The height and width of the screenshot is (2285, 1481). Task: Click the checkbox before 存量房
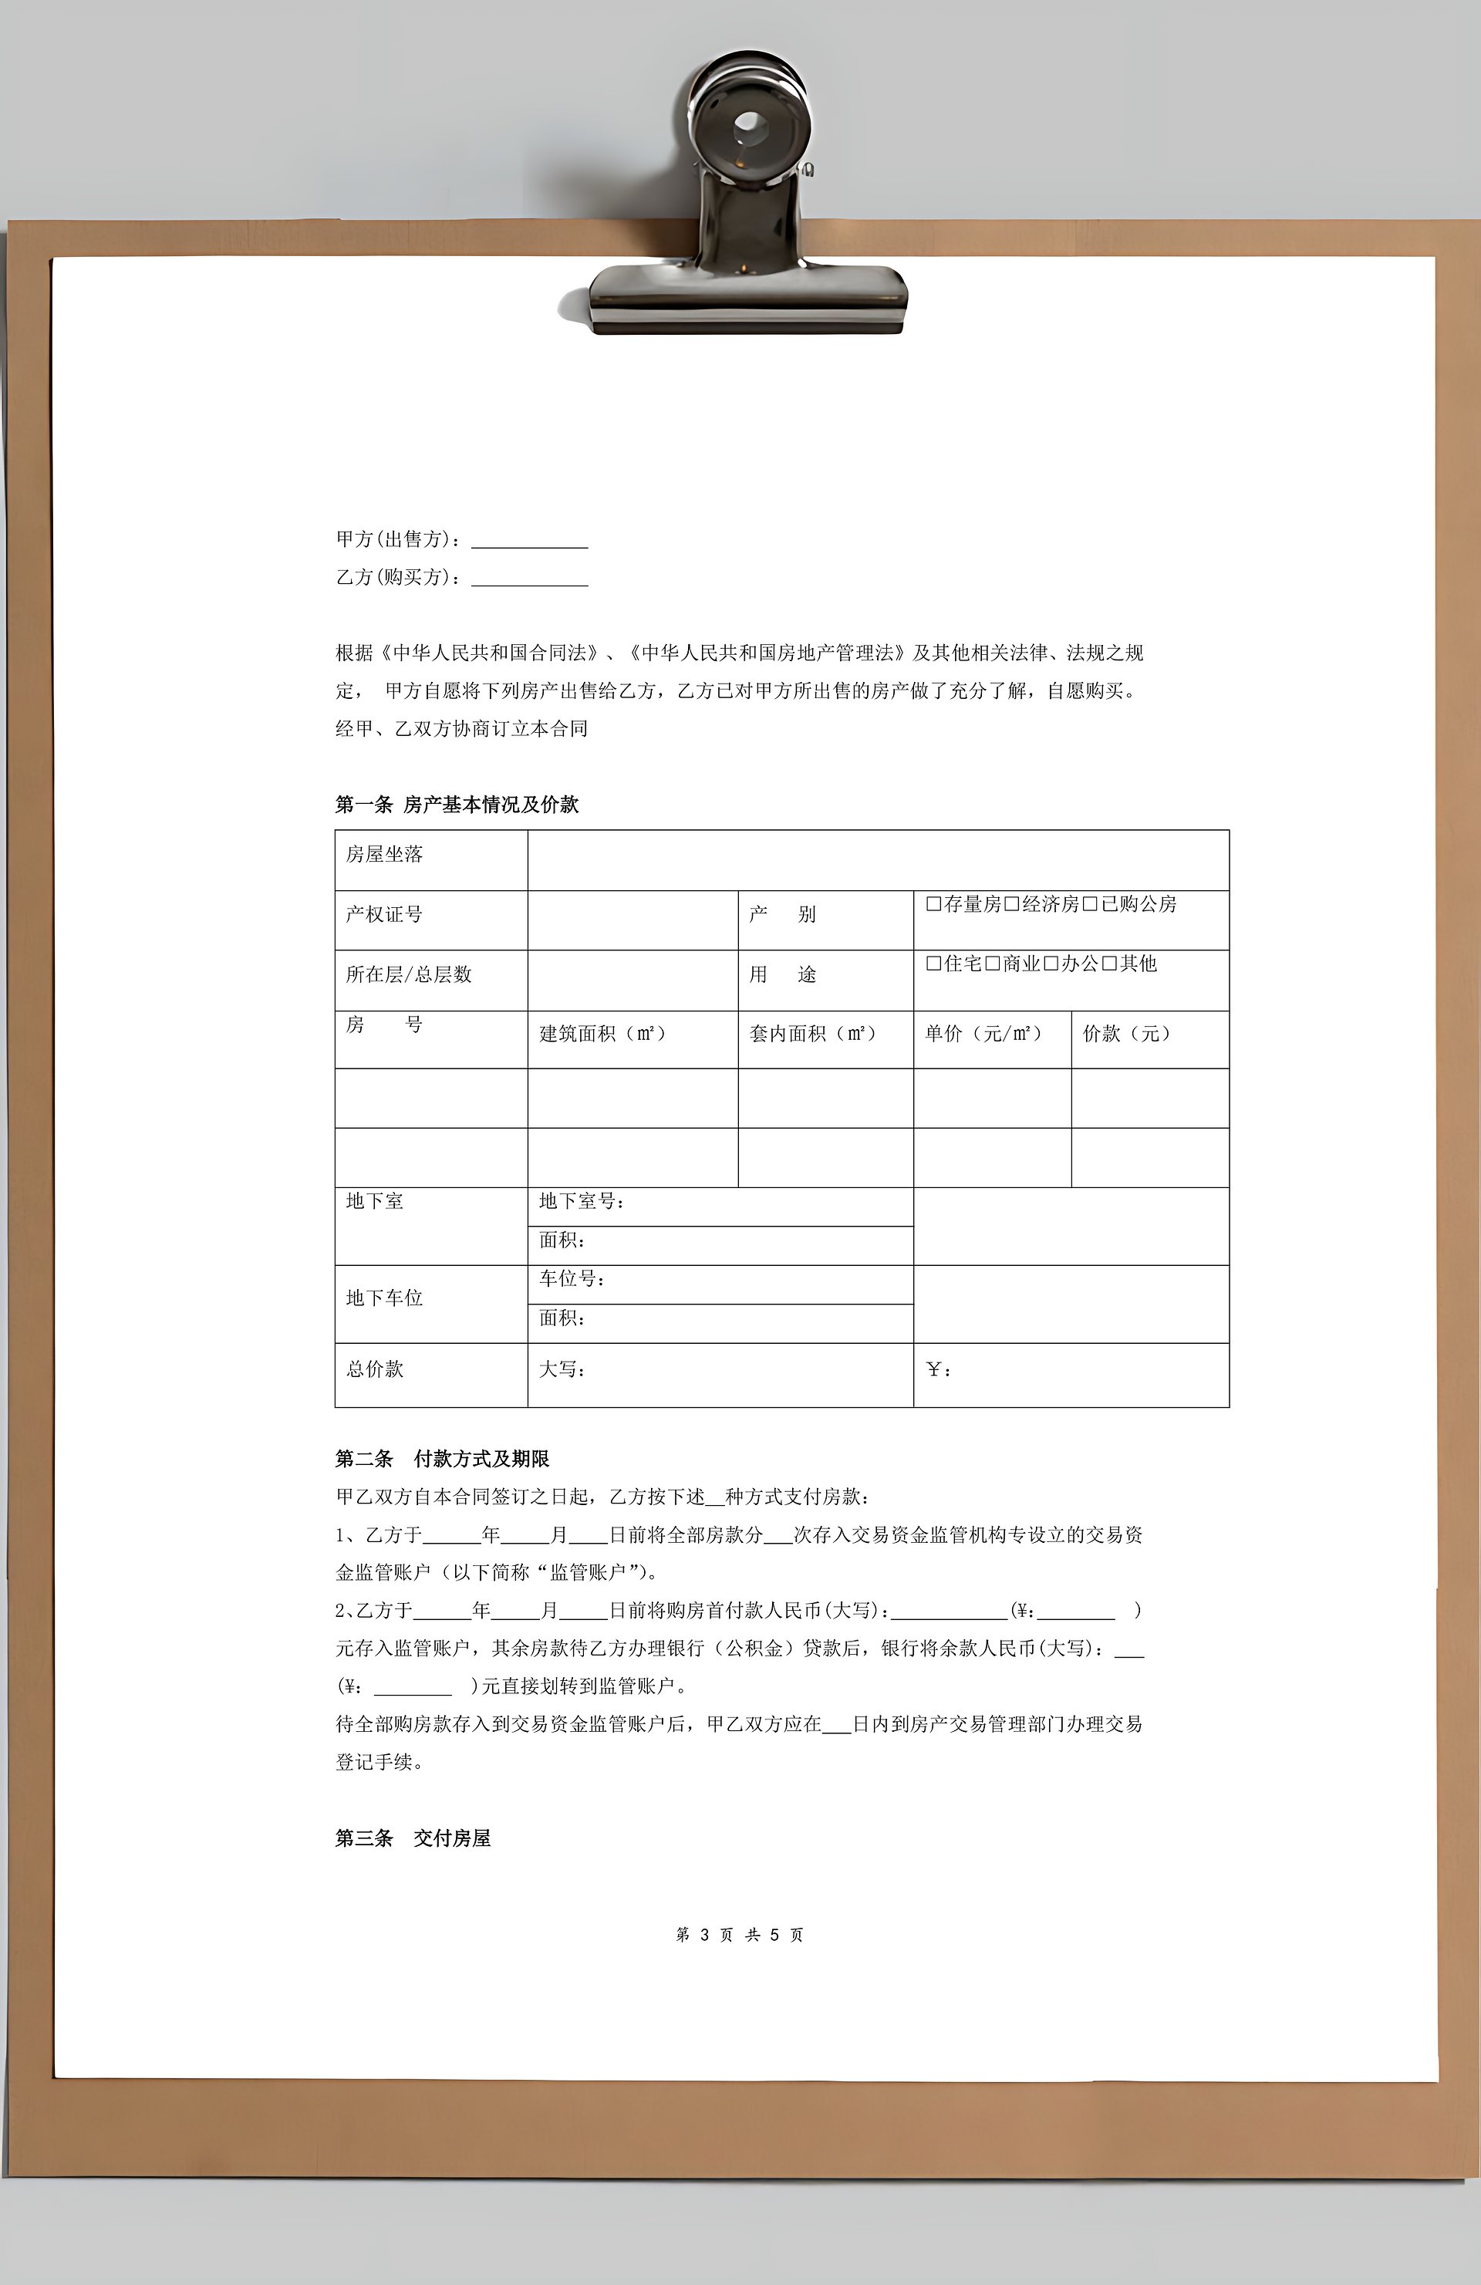[x=933, y=903]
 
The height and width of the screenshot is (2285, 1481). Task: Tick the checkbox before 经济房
[x=1010, y=903]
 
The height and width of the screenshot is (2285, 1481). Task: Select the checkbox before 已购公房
[x=1089, y=903]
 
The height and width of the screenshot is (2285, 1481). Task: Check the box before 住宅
[x=933, y=963]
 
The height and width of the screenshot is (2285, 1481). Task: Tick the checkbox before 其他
[x=1109, y=963]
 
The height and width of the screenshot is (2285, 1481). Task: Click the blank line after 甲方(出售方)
[x=529, y=541]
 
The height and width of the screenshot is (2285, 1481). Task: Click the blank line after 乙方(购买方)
[x=529, y=578]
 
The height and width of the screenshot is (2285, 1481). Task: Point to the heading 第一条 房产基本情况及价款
[x=457, y=805]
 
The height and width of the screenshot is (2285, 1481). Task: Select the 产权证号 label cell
[x=384, y=914]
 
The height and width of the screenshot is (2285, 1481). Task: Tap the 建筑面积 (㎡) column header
[x=602, y=1034]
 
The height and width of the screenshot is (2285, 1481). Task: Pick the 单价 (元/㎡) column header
[x=983, y=1034]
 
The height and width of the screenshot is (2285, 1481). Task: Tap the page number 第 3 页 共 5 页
[x=739, y=1935]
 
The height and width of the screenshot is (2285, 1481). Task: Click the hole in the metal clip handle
[x=749, y=124]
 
